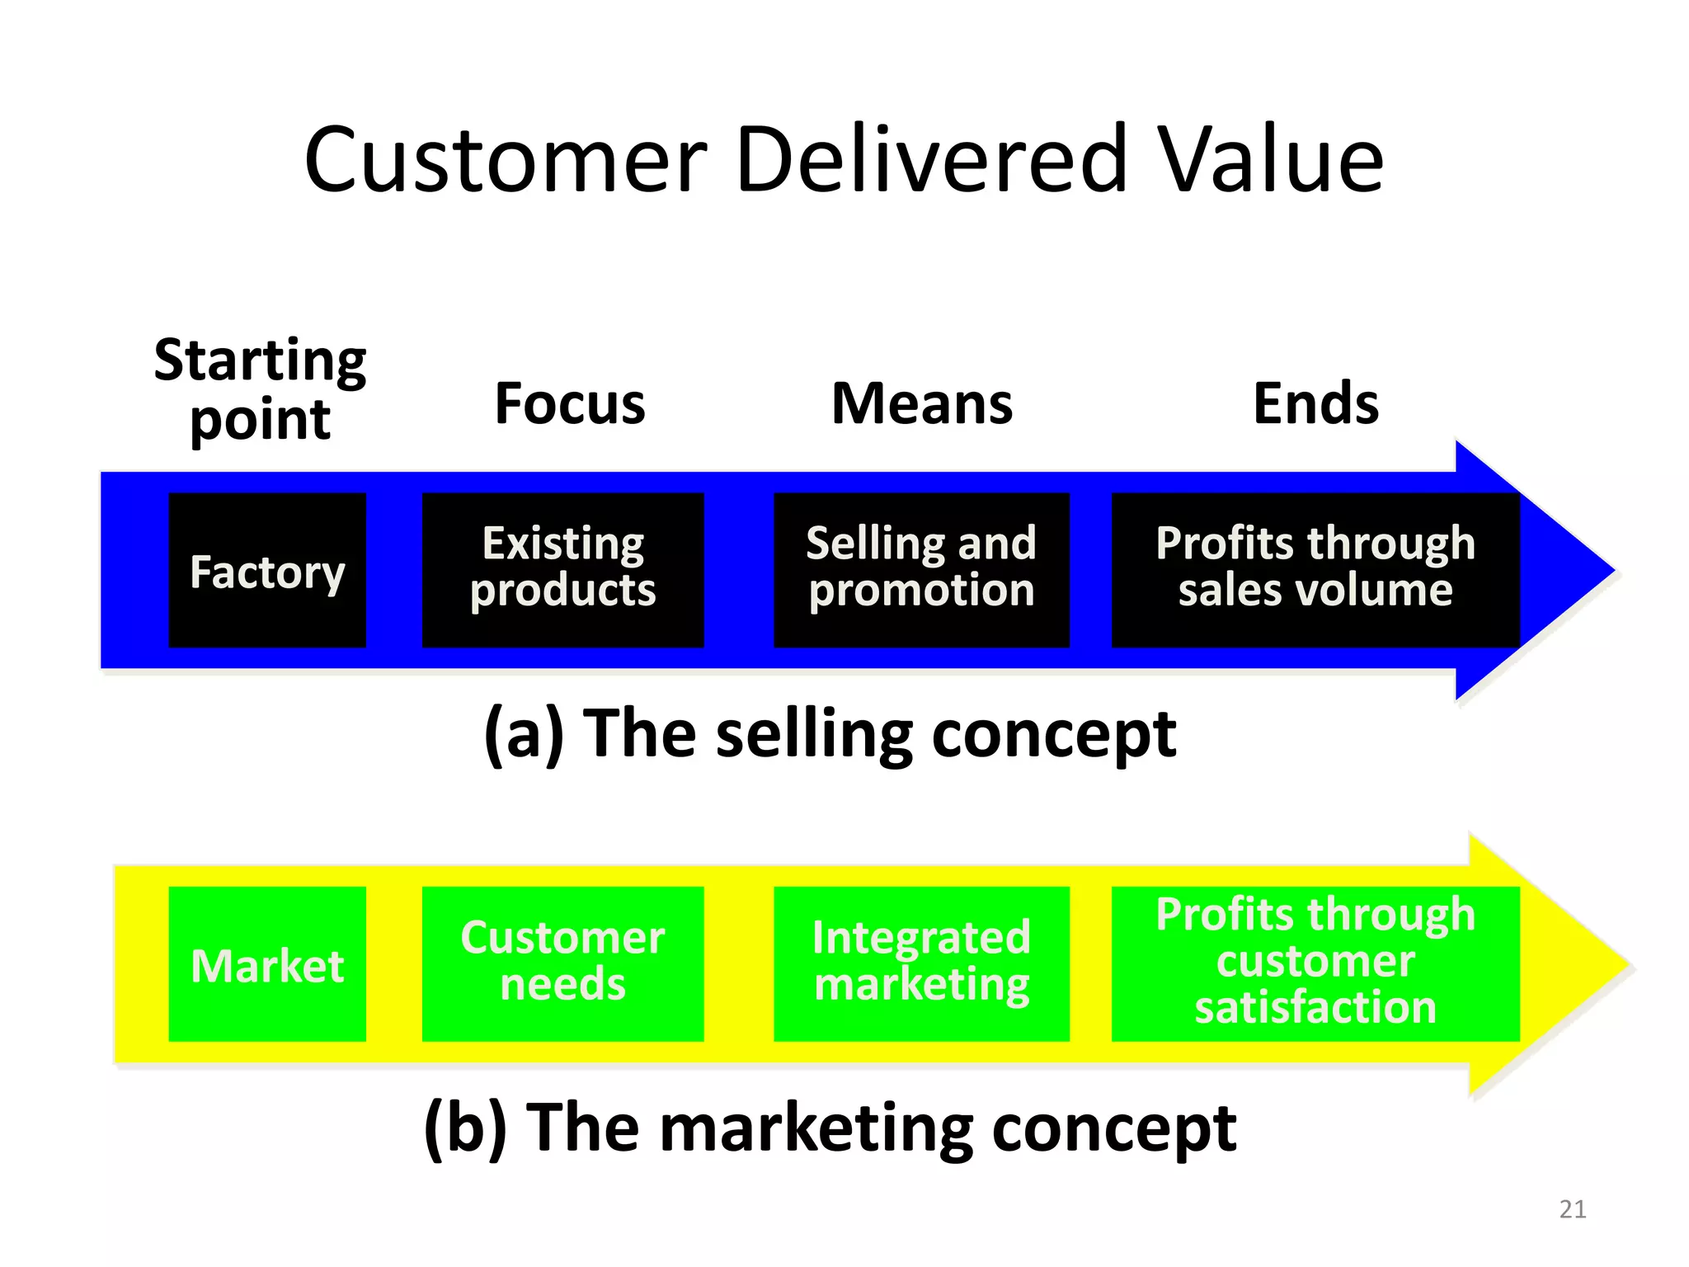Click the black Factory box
[267, 570]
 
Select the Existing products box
[562, 570]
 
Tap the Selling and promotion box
[921, 570]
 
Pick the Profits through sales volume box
[1315, 570]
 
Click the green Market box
[267, 963]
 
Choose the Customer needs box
[562, 963]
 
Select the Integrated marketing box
[921, 963]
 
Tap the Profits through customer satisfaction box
[1315, 963]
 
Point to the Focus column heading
[570, 404]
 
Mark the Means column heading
[922, 404]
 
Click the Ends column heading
[1315, 404]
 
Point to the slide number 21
[1573, 1209]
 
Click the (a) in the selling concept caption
[525, 734]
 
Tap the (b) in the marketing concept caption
[465, 1128]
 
